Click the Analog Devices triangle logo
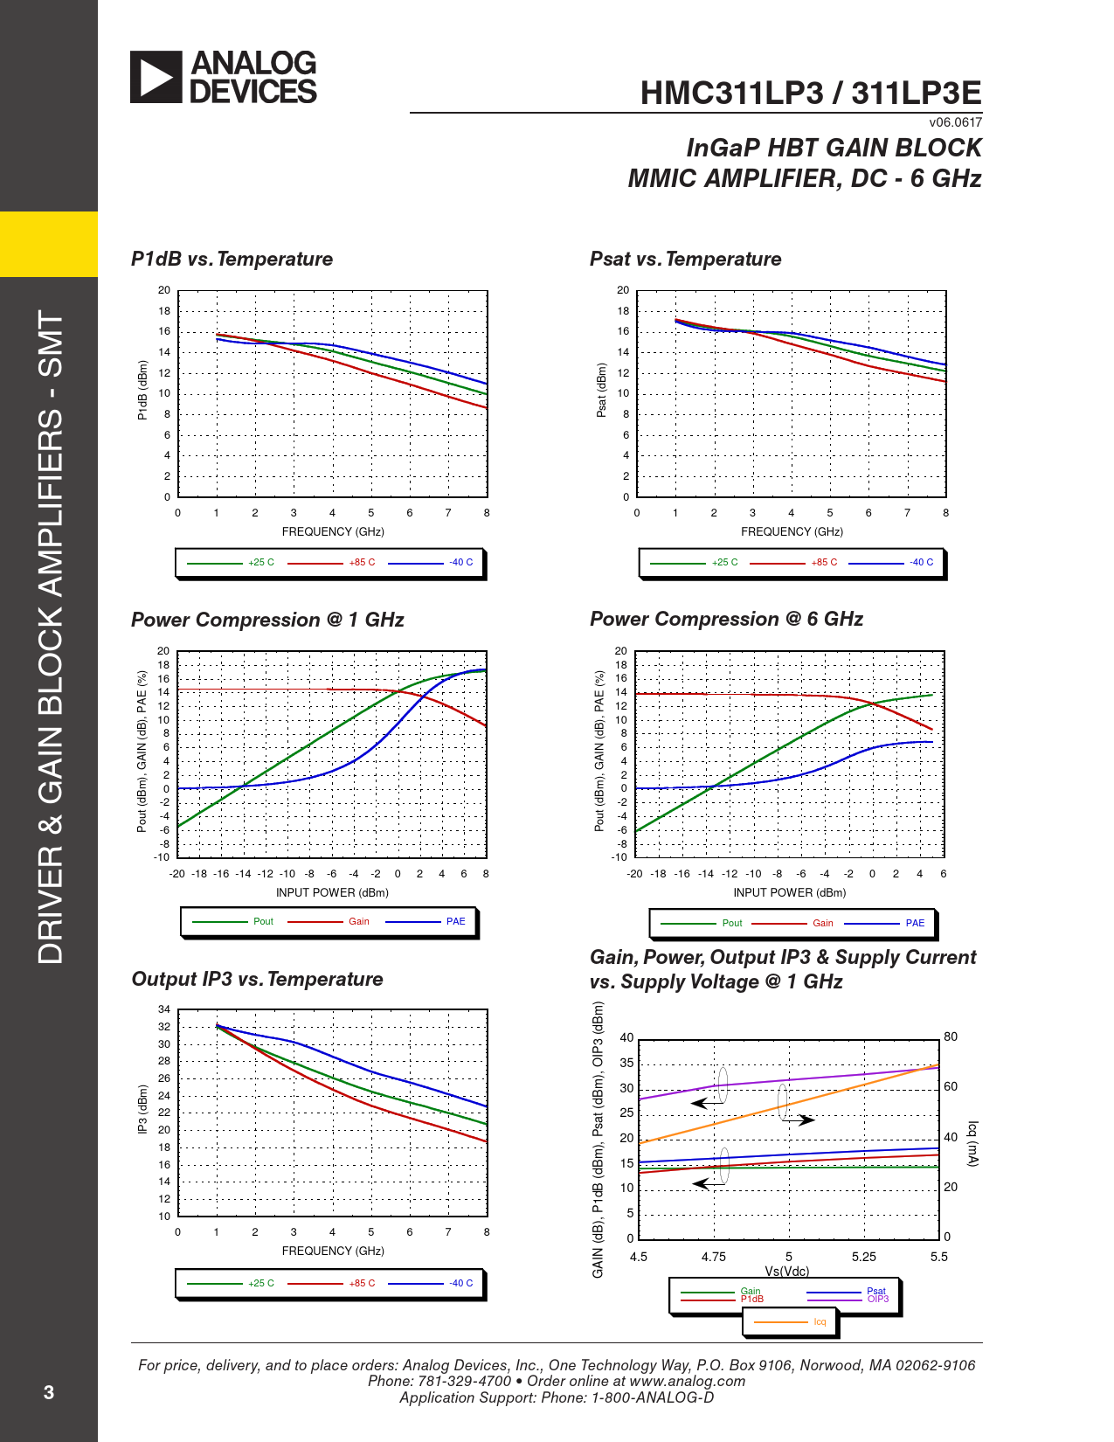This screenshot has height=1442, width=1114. (156, 77)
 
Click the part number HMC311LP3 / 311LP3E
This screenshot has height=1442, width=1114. (810, 94)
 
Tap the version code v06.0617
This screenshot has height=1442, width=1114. (955, 122)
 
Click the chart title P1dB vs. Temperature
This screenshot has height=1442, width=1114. (232, 260)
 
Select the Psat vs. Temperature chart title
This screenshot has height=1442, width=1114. (685, 260)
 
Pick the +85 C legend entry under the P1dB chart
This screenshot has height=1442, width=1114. (362, 563)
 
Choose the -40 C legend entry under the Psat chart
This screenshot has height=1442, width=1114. (921, 563)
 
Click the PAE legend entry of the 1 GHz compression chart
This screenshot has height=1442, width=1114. (455, 922)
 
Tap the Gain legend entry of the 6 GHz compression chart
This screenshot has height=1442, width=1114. (823, 924)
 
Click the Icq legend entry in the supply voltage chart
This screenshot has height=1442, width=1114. (820, 1322)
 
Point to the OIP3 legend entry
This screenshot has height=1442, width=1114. (878, 1300)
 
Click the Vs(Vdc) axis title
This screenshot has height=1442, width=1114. (787, 1271)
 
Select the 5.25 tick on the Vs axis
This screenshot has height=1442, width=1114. (863, 1257)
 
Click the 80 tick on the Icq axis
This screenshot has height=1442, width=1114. (951, 1037)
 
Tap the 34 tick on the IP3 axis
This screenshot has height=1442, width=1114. (164, 1009)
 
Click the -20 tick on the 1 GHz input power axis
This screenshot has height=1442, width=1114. (176, 874)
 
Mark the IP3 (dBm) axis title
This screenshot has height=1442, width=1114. (142, 1110)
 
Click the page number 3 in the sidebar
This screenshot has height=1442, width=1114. (49, 1392)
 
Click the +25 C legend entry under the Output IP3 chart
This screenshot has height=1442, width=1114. (260, 1284)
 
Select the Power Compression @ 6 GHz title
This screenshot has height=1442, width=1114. (726, 620)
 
